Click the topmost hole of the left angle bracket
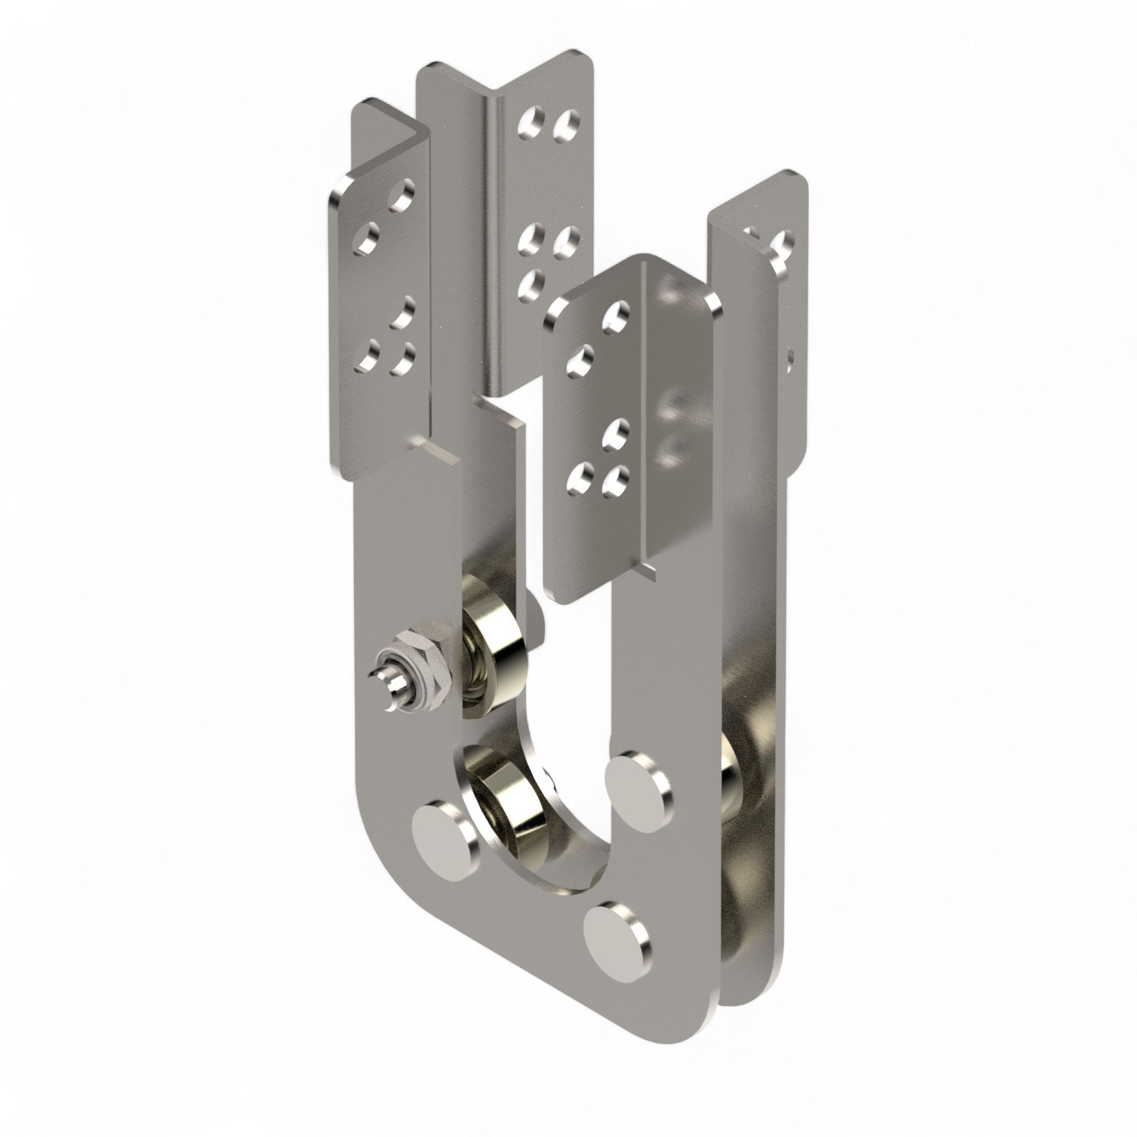pos(400,196)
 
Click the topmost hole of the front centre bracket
pos(616,315)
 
